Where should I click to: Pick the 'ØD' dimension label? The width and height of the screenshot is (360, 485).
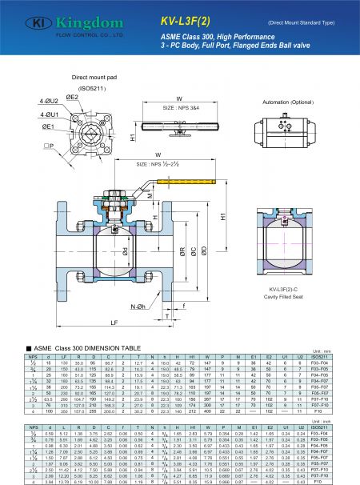(206, 251)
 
